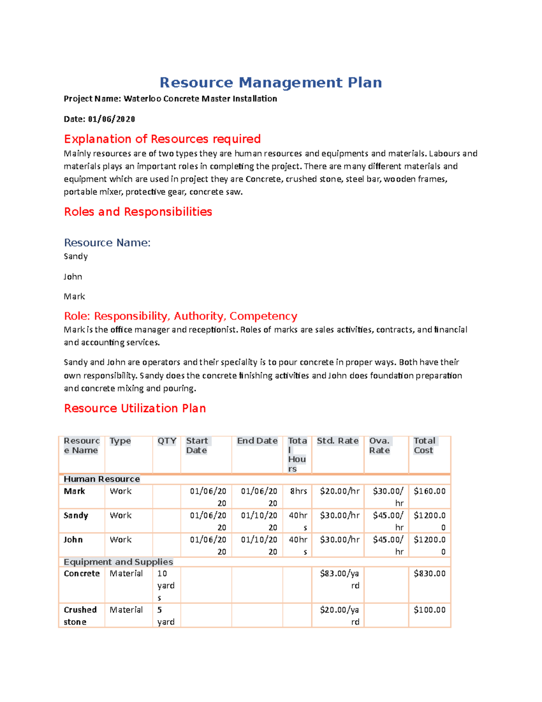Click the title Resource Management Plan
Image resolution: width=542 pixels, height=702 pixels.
click(x=271, y=82)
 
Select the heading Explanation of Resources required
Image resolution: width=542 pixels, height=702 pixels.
click(x=162, y=139)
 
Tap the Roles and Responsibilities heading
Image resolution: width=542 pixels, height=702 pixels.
click(x=138, y=212)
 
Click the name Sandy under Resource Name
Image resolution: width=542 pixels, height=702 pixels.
click(x=75, y=256)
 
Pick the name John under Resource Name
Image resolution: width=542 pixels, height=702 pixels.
click(x=73, y=277)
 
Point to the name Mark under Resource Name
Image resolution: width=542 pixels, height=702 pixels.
click(x=74, y=297)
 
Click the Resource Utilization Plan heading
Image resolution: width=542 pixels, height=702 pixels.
click(x=135, y=408)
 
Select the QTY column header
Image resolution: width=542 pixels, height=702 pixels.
click(x=167, y=441)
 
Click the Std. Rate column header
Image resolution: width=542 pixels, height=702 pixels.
click(x=337, y=441)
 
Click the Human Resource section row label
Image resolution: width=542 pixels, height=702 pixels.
click(x=102, y=479)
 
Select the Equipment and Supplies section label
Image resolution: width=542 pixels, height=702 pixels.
click(x=118, y=562)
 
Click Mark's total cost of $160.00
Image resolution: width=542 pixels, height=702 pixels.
click(x=430, y=491)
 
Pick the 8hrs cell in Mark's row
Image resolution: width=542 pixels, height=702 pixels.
click(x=298, y=491)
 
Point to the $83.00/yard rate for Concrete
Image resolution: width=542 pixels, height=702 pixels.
click(x=340, y=579)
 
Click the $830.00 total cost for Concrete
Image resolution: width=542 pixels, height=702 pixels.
click(x=430, y=574)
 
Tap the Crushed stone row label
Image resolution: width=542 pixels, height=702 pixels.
click(x=80, y=616)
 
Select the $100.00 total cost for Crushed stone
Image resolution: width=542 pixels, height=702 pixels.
click(x=430, y=610)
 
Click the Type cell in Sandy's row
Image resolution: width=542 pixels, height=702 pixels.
click(x=121, y=516)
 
